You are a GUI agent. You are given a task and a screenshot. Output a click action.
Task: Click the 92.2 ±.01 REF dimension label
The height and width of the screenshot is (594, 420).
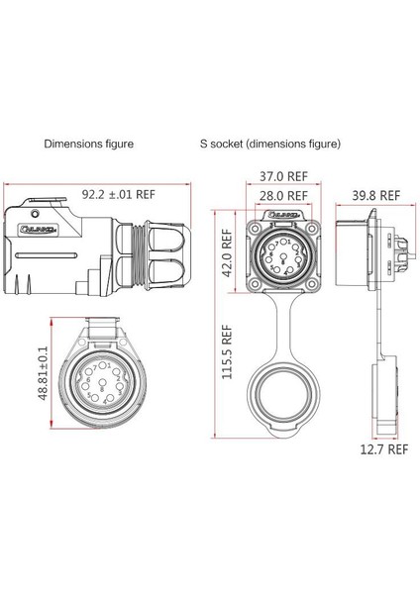119,195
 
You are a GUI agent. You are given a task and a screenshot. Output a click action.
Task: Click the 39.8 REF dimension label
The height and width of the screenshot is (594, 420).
374,195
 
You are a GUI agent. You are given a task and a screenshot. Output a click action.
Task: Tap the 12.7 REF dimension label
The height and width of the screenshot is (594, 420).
382,448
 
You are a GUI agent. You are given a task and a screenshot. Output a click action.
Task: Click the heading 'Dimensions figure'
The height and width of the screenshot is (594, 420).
88,144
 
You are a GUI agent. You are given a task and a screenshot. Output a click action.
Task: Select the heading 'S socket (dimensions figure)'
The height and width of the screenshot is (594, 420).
269,144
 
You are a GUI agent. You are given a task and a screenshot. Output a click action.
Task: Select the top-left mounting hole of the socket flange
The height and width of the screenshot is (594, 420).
255,219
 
